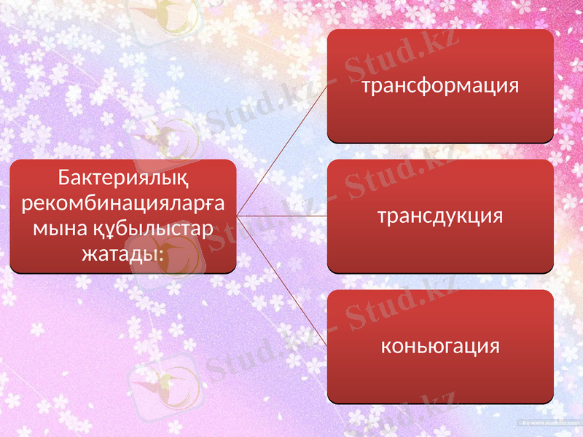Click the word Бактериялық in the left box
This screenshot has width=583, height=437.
pyautogui.click(x=122, y=177)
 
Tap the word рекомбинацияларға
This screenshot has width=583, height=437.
pyautogui.click(x=122, y=203)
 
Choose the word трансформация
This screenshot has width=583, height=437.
pyautogui.click(x=440, y=86)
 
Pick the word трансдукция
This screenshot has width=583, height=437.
pyautogui.click(x=440, y=216)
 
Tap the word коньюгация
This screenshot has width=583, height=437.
pyautogui.click(x=440, y=346)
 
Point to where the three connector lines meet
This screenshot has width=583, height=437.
pyautogui.click(x=238, y=216)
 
